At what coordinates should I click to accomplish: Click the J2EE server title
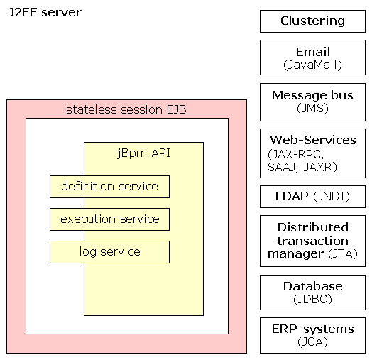45,12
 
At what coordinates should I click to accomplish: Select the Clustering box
312,21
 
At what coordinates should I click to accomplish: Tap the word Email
312,52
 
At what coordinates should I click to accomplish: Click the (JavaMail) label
312,65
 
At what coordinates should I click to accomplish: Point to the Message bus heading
312,95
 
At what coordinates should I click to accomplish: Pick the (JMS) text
312,108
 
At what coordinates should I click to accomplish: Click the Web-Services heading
313,140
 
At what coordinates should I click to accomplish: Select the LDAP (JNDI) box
312,197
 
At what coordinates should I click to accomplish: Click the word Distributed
313,227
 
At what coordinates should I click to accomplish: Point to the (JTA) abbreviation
343,253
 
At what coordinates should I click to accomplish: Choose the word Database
312,286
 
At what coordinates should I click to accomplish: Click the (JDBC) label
312,299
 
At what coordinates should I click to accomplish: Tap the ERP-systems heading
312,329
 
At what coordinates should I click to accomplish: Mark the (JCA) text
312,342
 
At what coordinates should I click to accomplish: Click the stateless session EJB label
126,109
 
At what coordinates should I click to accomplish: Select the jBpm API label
144,153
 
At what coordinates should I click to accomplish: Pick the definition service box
109,187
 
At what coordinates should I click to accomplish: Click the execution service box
109,219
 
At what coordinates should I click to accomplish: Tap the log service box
109,252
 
